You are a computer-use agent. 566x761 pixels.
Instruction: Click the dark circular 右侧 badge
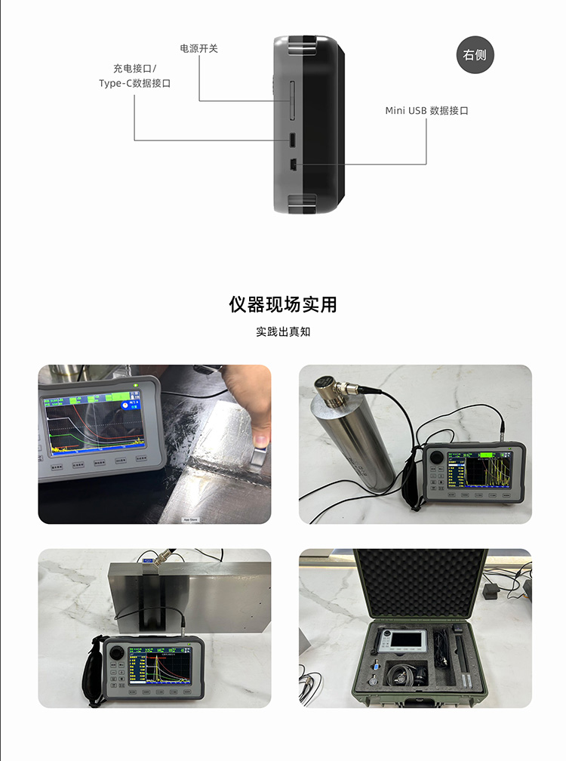(475, 54)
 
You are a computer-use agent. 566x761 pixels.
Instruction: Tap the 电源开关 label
(198, 48)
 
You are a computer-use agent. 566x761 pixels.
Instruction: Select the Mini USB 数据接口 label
(426, 110)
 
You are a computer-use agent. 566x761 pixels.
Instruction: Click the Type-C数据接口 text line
(134, 83)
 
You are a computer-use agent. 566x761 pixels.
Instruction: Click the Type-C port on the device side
(291, 140)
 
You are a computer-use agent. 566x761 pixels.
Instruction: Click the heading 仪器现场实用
(283, 304)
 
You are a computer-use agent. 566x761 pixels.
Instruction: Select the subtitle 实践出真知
(283, 331)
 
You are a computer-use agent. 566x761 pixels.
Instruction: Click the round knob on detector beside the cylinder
(437, 456)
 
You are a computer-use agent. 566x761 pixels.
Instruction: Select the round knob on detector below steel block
(118, 652)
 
